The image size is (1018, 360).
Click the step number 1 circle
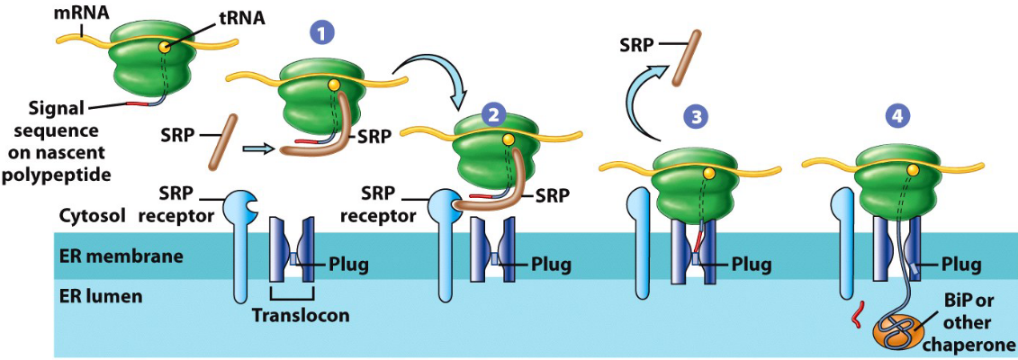point(321,33)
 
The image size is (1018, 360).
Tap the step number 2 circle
point(494,114)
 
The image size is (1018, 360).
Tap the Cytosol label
point(91,217)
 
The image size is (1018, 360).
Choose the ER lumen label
point(99,295)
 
